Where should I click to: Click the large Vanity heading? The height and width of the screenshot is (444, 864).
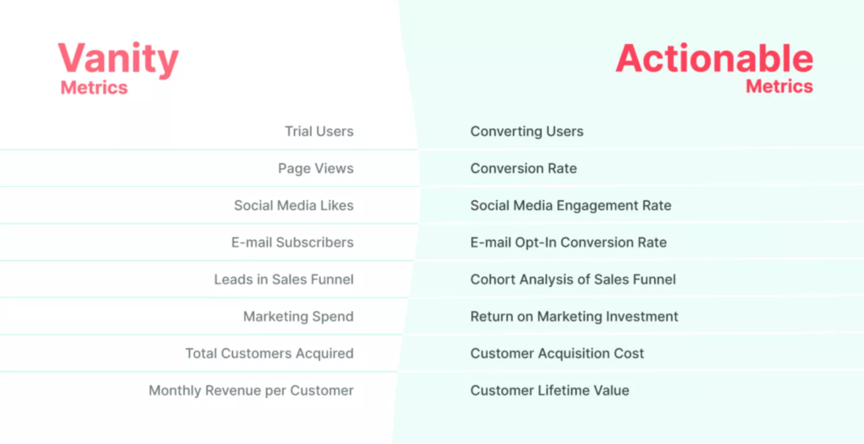click(118, 60)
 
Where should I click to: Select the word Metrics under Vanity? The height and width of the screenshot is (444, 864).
click(94, 88)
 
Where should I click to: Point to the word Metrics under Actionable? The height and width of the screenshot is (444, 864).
click(779, 86)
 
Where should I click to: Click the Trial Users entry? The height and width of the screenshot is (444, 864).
click(319, 132)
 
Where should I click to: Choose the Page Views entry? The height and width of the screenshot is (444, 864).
click(316, 168)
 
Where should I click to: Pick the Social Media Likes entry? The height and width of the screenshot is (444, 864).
click(293, 205)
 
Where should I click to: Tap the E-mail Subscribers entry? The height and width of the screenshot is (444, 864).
click(292, 243)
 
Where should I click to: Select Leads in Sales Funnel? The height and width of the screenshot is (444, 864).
click(283, 280)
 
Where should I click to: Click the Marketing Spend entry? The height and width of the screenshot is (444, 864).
click(298, 316)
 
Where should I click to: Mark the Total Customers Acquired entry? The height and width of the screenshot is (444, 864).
click(269, 354)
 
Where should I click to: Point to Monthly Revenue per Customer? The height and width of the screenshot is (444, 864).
click(251, 391)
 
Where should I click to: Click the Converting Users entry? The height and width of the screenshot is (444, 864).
click(526, 132)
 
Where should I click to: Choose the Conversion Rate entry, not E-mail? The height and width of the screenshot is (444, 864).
click(523, 168)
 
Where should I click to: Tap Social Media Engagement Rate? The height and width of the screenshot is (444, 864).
click(571, 205)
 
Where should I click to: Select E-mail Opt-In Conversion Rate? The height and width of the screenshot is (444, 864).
click(568, 243)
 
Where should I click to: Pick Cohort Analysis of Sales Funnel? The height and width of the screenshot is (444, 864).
click(573, 280)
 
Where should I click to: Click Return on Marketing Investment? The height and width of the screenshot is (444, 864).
click(574, 316)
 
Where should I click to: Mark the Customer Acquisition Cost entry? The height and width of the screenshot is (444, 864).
click(557, 354)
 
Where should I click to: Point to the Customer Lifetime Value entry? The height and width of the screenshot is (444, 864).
click(550, 391)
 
